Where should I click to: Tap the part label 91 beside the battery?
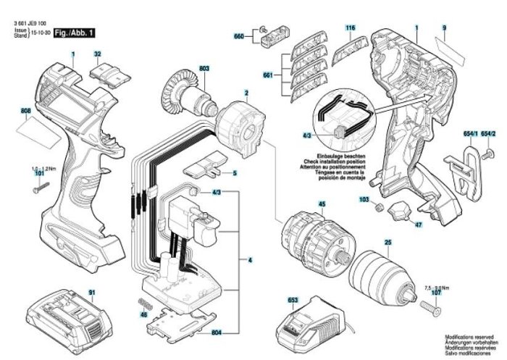[93, 292]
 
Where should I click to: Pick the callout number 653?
[293, 298]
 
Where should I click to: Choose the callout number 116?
[351, 28]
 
